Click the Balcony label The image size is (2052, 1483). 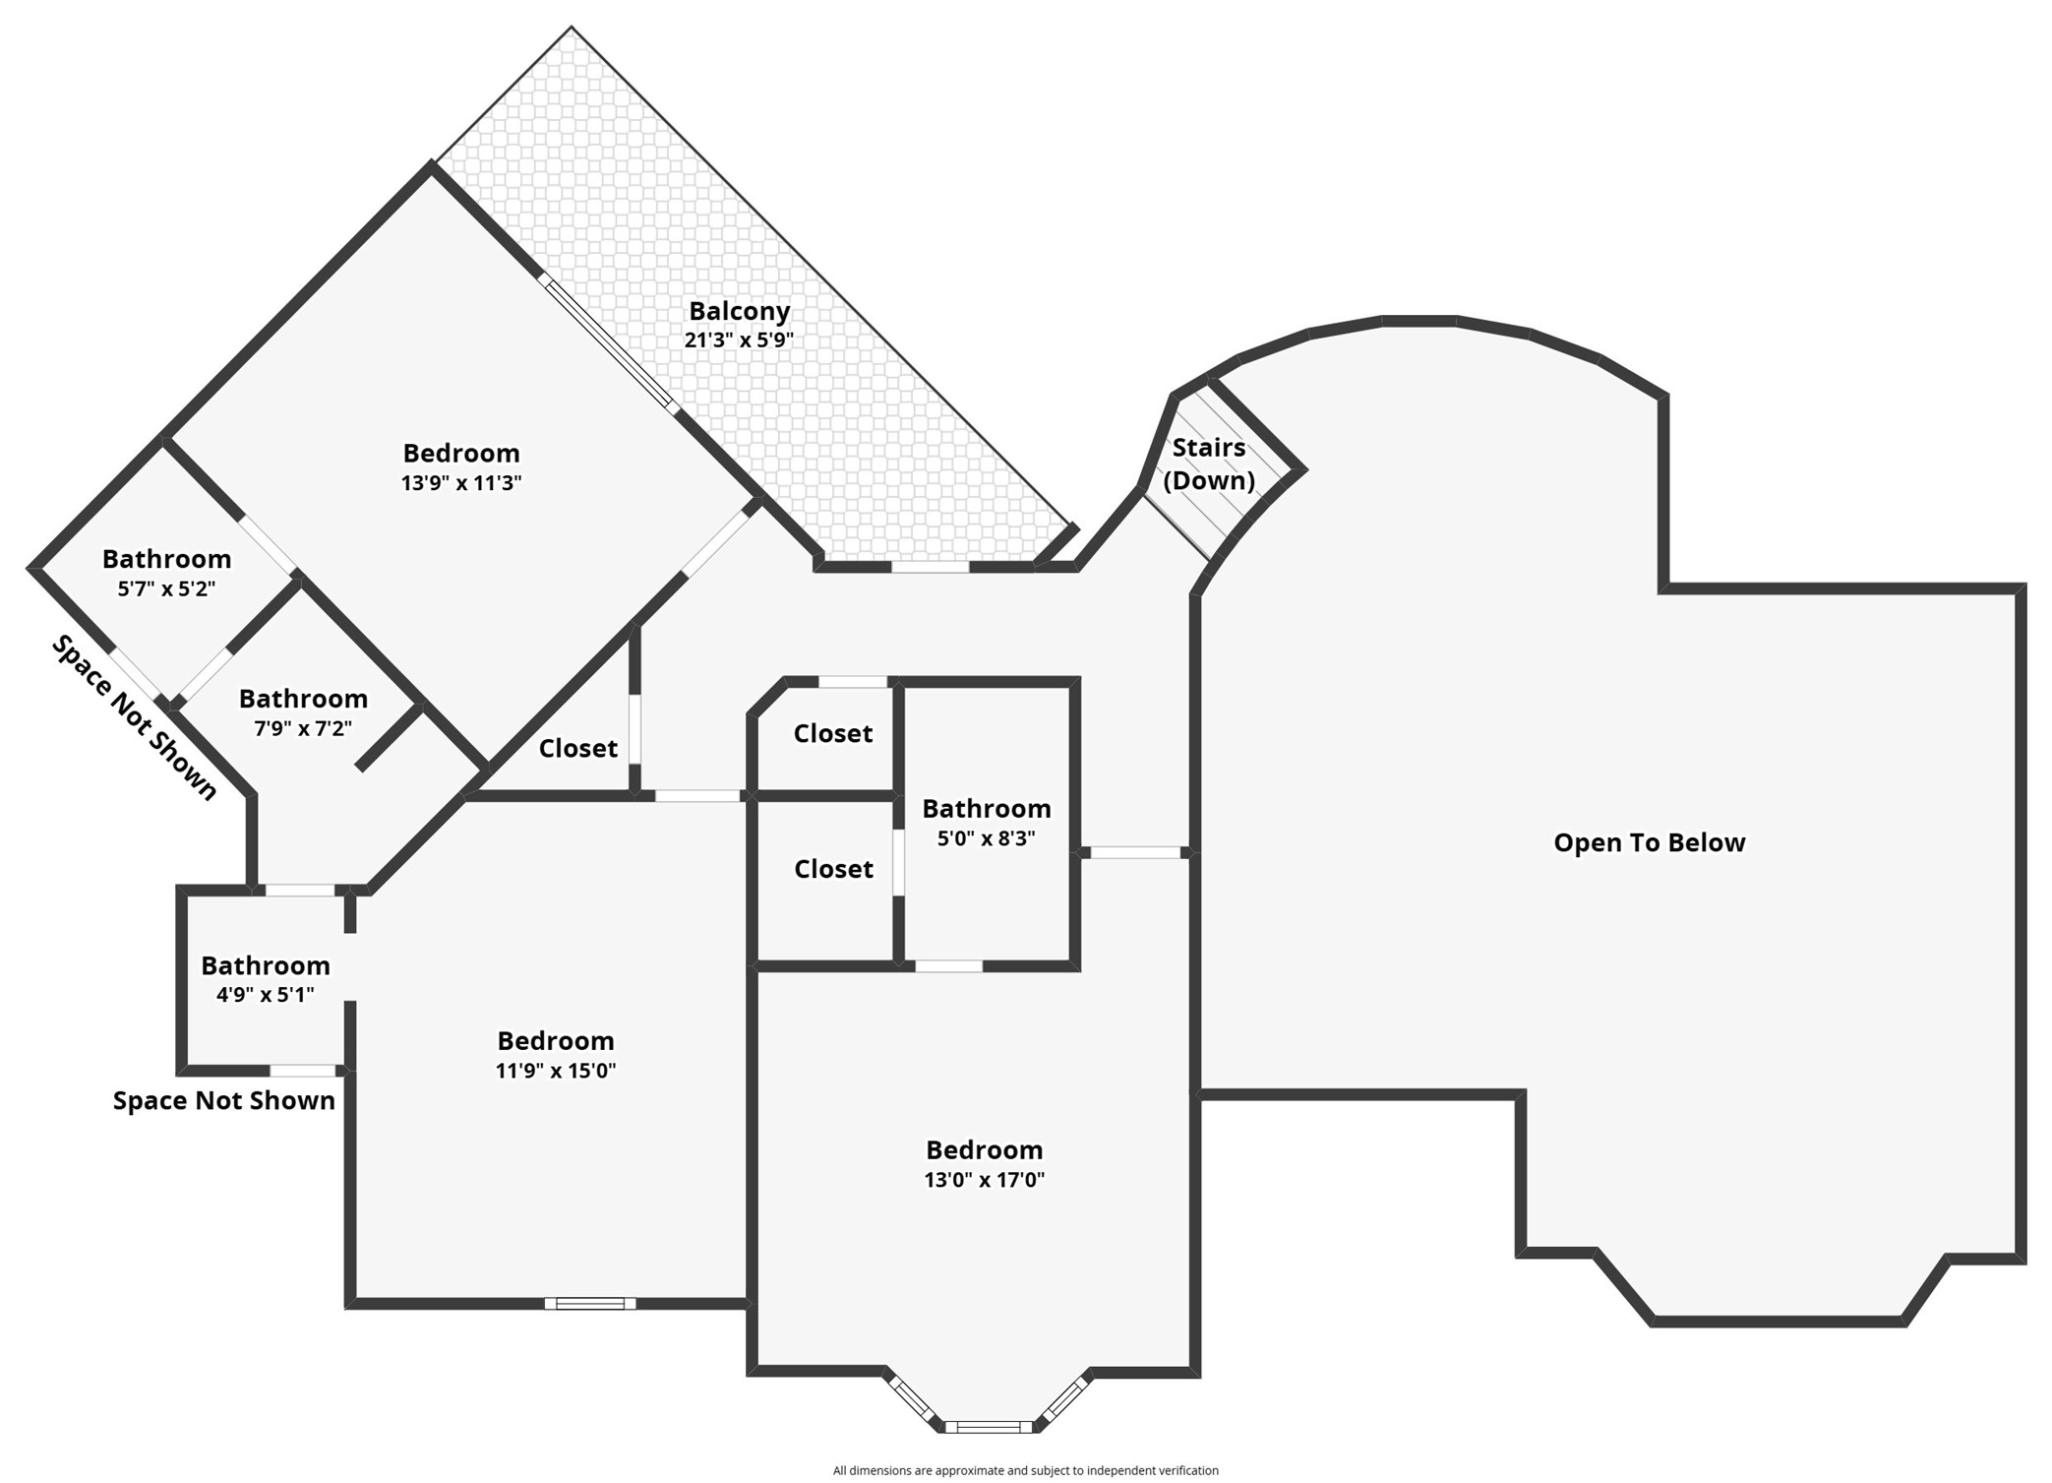739,311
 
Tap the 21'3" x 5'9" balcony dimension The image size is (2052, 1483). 739,340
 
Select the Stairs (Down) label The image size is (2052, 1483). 1209,463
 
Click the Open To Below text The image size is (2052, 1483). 1649,842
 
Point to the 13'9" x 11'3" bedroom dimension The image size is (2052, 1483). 461,483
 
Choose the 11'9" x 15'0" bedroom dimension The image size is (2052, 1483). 556,1071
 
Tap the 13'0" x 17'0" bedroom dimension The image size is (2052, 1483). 984,1180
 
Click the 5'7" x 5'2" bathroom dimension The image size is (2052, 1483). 166,589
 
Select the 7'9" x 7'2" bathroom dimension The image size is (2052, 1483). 303,729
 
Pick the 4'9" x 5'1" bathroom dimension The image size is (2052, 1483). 266,995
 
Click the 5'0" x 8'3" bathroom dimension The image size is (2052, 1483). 986,838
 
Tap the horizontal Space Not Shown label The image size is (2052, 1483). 224,1100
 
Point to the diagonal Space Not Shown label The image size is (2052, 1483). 134,717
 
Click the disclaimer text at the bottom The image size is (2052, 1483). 1025,1470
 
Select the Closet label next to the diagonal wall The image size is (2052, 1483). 578,749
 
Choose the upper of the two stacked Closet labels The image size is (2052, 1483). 833,733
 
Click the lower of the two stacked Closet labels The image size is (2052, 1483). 833,869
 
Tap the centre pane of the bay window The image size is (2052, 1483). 989,1427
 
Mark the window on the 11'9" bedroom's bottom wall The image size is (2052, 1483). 590,1304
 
